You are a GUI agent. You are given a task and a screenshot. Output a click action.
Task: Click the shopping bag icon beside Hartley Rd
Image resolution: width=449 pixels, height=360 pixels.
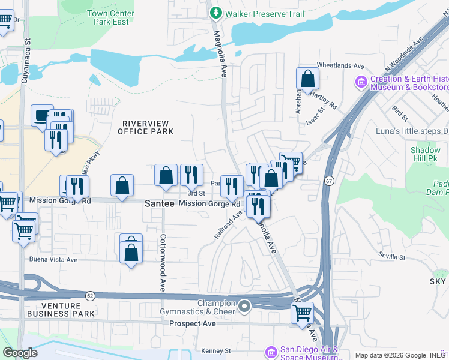pos(307,79)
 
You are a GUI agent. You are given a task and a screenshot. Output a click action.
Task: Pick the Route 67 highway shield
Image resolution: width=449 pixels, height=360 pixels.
pos(330,181)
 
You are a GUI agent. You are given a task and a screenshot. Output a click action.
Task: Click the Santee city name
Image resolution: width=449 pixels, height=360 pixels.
pos(160,204)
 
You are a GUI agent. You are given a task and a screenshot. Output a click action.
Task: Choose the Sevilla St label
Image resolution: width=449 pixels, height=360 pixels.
pos(393,257)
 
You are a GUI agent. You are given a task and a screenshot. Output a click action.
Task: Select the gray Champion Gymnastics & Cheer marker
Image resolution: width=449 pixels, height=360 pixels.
pos(244,307)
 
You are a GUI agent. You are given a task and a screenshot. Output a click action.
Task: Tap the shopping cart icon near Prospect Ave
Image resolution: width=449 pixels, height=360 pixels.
pos(302,313)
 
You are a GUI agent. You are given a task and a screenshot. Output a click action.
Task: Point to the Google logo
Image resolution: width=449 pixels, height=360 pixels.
pos(20,353)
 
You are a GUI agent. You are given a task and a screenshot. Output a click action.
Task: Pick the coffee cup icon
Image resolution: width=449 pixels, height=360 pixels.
pos(43,115)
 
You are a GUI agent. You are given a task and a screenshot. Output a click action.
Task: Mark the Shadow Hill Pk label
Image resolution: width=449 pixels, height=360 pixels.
pos(426,154)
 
